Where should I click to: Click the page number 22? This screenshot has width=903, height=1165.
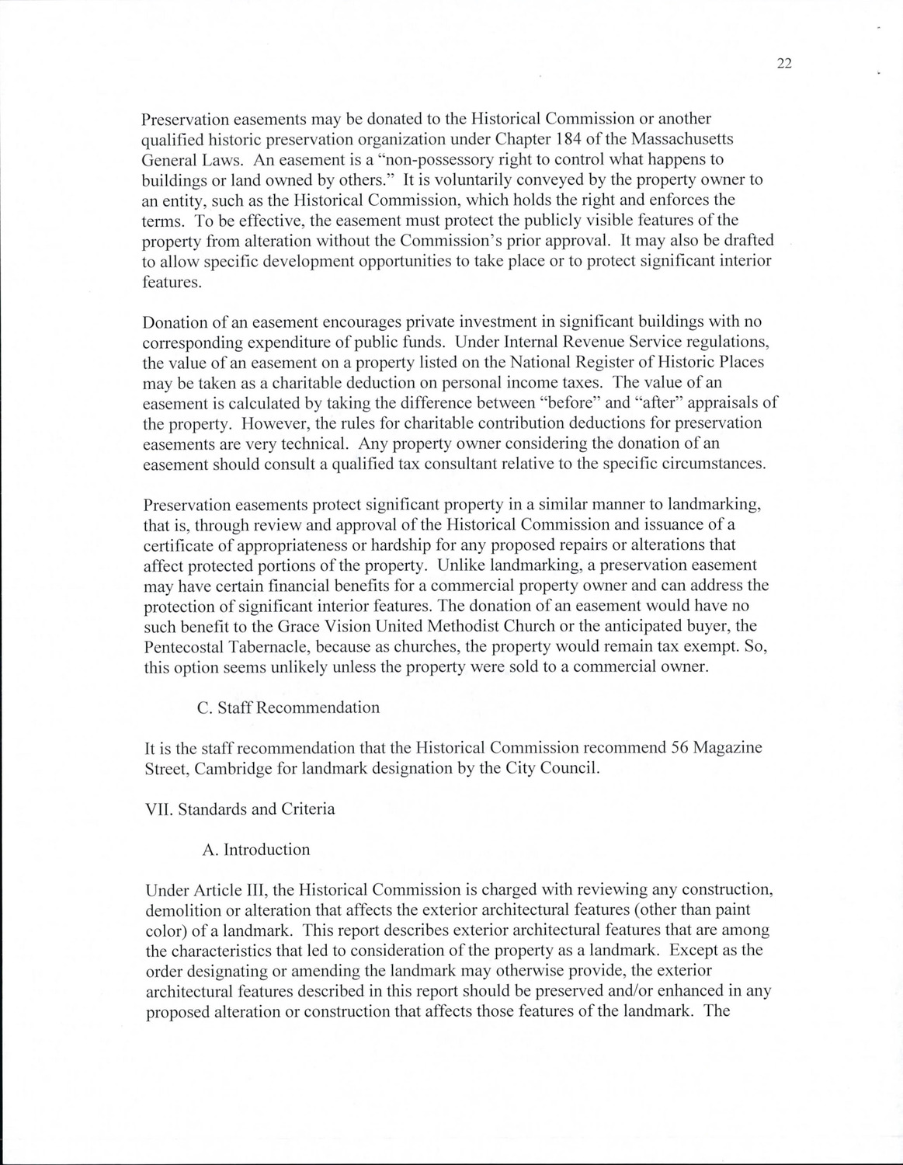pos(783,64)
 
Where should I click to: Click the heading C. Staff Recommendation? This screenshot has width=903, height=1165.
pos(289,708)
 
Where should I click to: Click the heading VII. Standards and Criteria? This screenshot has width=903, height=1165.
pos(240,809)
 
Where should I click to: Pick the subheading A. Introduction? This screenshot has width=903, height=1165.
pos(255,850)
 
